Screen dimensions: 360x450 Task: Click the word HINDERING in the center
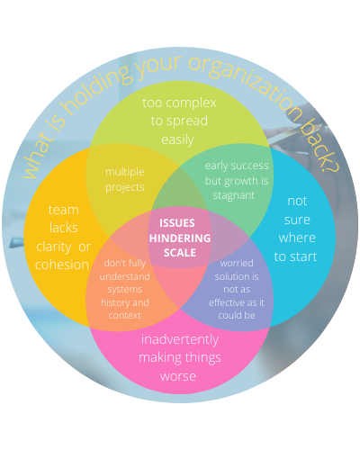tap(180, 238)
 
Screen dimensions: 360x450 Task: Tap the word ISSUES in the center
tap(177, 223)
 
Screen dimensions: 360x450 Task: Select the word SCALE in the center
tap(180, 253)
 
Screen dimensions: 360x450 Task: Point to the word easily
tap(177, 140)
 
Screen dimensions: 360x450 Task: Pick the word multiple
tap(125, 172)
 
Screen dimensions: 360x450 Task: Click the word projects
tap(125, 188)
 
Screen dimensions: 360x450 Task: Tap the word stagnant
tap(234, 196)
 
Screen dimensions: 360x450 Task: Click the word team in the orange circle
tap(64, 210)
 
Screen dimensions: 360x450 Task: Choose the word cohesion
tap(62, 265)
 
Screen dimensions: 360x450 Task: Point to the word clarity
tap(54, 247)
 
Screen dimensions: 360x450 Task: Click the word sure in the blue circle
tap(297, 220)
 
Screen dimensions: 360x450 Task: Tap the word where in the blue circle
tap(297, 238)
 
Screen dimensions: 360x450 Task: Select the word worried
tap(237, 264)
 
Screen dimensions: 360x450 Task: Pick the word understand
tap(125, 276)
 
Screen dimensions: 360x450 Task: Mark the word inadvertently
tap(180, 339)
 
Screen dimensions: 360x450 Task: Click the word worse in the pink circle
tap(178, 376)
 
